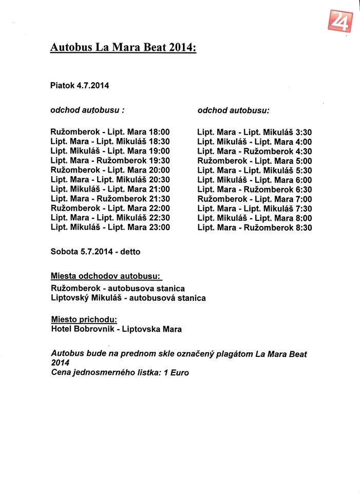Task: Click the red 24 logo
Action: (x=338, y=21)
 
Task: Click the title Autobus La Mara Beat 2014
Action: (x=123, y=48)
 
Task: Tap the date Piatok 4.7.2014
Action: (x=80, y=86)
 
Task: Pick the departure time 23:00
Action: (x=159, y=227)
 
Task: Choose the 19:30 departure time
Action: (x=159, y=160)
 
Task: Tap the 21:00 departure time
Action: (x=159, y=189)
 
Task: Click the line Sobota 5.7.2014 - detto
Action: (x=96, y=252)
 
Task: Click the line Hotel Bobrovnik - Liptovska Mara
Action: (x=116, y=329)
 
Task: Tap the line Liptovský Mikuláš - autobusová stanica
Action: (x=128, y=298)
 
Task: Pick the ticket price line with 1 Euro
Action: (x=120, y=372)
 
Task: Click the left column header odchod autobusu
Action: (x=87, y=110)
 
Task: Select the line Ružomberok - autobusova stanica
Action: (x=118, y=288)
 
